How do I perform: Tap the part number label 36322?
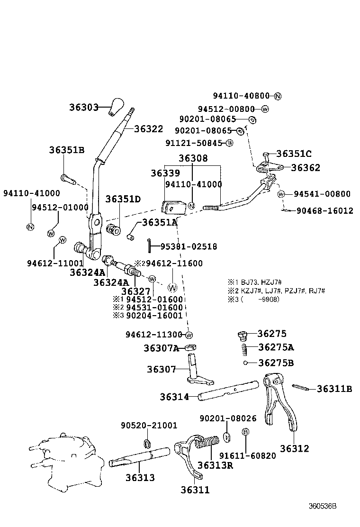(x=148, y=129)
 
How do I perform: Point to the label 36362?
(x=306, y=167)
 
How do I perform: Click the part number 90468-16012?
(x=325, y=210)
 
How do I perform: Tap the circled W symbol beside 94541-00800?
(x=281, y=194)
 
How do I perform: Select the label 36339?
(x=165, y=173)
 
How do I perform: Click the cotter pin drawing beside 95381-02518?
(x=149, y=244)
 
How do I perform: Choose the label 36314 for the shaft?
(x=174, y=397)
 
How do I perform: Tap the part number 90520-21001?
(x=149, y=426)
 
